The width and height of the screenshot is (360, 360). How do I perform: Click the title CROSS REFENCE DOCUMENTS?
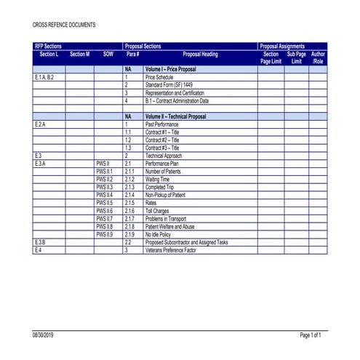click(x=64, y=25)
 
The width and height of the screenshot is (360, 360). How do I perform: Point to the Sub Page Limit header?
click(x=296, y=57)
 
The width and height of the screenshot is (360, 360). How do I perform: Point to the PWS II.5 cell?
click(x=104, y=202)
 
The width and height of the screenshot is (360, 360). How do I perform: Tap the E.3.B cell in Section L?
click(x=40, y=241)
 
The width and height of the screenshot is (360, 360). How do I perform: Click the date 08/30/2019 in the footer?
click(x=44, y=335)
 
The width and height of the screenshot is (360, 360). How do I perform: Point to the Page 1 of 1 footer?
click(x=310, y=335)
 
